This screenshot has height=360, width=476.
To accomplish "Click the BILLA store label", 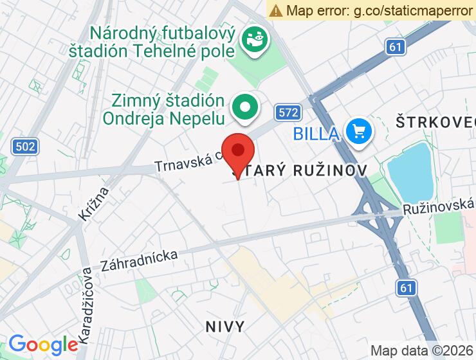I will [316, 134].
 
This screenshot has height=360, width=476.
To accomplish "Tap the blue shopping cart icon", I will [358, 132].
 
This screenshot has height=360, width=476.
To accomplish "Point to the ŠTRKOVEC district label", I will [435, 122].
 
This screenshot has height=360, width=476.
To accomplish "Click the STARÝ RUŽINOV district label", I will [300, 170].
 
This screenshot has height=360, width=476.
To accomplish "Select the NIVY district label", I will [225, 327].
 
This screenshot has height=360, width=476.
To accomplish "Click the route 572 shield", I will [288, 113].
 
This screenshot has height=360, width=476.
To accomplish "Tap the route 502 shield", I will [24, 147].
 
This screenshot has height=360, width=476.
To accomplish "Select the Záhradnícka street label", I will [139, 260].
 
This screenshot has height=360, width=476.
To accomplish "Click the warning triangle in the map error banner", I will [276, 10].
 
